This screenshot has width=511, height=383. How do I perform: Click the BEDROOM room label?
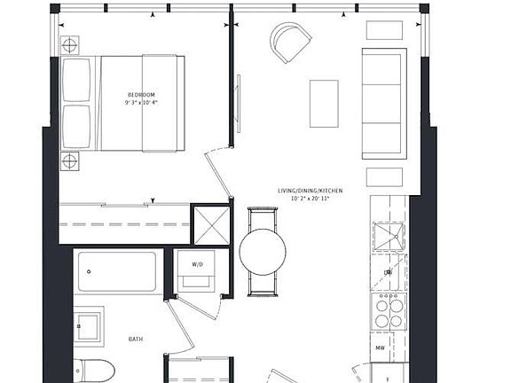pos(141,94)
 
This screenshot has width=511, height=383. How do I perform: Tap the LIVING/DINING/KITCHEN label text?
pos(310,191)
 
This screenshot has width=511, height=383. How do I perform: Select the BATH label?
pos(135,339)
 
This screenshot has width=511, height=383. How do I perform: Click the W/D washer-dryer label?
pos(195,262)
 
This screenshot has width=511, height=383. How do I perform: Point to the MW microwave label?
pos(380,348)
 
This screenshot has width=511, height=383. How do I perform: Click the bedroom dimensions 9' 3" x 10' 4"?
pos(141,104)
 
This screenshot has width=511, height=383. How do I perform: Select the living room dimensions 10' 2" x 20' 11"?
pos(310,199)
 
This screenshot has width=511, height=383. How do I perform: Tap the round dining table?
pos(263,252)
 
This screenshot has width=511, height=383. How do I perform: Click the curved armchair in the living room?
pos(291,41)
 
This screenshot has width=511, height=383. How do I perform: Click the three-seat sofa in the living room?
pos(384,103)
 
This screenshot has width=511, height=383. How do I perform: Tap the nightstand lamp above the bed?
pos(69,44)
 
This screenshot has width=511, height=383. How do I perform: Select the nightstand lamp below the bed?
pos(69,160)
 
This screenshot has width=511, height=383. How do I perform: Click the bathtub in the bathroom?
pos(117,270)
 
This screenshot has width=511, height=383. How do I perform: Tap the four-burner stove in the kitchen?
pos(386,313)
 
